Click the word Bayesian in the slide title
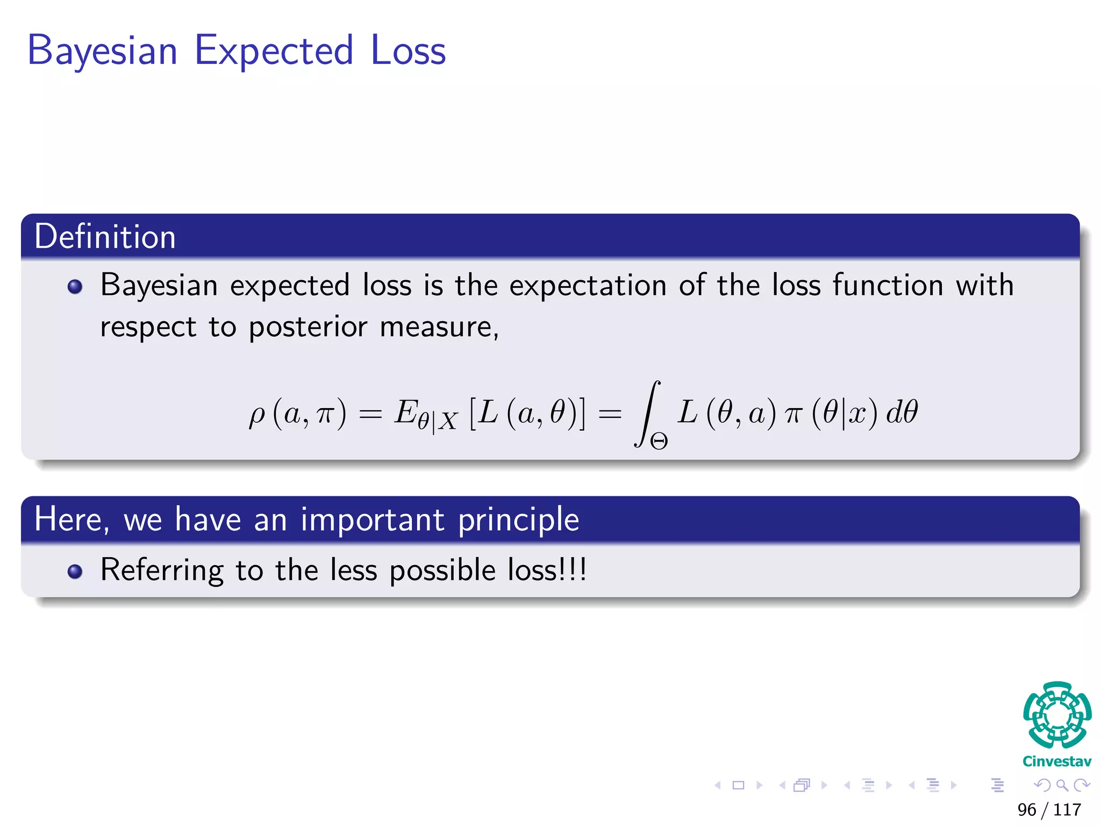102,51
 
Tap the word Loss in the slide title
408,50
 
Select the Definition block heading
105,237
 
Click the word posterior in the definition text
308,327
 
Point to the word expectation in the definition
588,285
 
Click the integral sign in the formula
648,413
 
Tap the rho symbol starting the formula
257,415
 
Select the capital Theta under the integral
659,442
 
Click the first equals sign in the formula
370,414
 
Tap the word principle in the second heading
519,519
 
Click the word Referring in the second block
162,570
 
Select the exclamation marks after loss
574,569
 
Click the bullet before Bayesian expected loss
75,287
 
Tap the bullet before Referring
75,571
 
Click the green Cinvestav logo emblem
1057,715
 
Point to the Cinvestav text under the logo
1057,761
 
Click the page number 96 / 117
1049,809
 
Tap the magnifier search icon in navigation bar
1062,785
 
